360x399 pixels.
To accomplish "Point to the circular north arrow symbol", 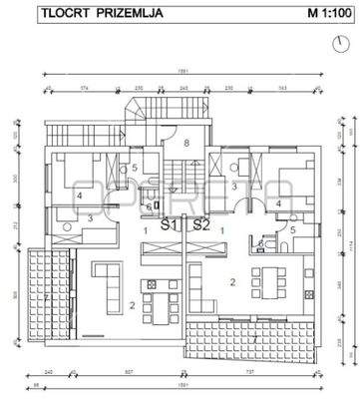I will pos(332,45).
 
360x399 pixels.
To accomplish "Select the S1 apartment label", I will pos(170,225).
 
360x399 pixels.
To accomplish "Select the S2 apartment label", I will pos(201,225).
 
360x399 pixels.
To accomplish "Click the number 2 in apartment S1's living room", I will pos(133,306).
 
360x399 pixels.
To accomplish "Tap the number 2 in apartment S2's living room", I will pos(233,283).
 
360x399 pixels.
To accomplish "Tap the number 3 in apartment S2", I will pos(235,186).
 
